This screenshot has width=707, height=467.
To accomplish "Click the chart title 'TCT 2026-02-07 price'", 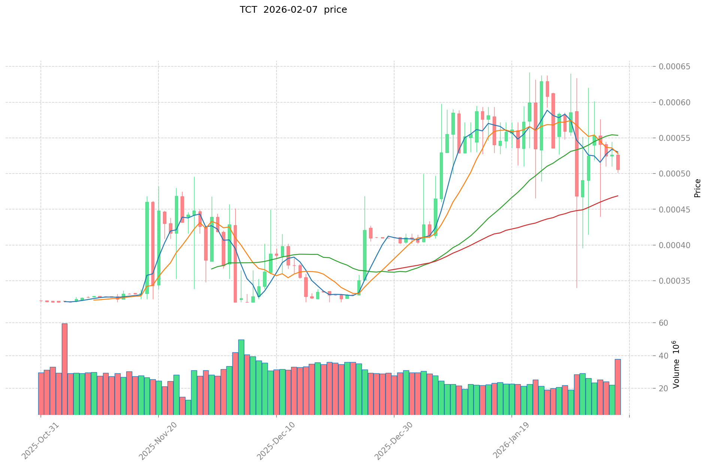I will (293, 10).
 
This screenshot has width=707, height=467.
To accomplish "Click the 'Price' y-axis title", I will (697, 188).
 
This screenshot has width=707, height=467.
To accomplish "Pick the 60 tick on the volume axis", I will (664, 323).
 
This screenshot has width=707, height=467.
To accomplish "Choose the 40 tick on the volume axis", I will (664, 356).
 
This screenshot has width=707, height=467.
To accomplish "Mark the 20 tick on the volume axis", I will (664, 389).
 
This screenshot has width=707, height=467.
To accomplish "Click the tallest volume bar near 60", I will (64, 369).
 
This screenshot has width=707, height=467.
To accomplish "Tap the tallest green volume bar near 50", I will (241, 377).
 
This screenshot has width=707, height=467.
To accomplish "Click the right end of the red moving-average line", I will (617, 196).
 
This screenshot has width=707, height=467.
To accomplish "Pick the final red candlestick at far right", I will (618, 162).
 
